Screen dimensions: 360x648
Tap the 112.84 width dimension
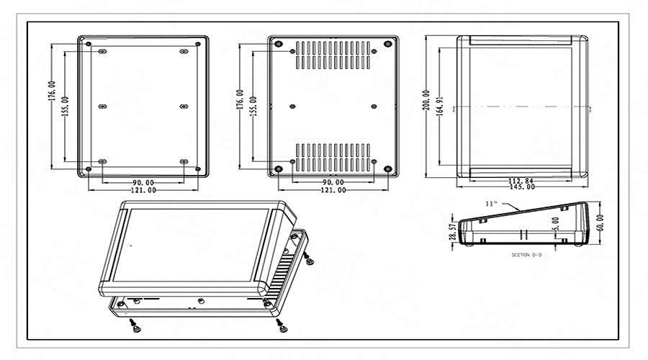point(521,180)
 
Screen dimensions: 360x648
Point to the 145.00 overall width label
point(521,187)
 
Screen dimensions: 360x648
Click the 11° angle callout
point(492,204)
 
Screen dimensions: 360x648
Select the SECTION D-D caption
point(526,255)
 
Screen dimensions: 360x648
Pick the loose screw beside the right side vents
point(309,259)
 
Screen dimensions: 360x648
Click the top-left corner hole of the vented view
point(277,43)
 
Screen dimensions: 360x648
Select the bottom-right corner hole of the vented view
point(387,169)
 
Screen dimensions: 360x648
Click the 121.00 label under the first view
point(142,190)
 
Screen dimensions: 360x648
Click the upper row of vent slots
point(332,55)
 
